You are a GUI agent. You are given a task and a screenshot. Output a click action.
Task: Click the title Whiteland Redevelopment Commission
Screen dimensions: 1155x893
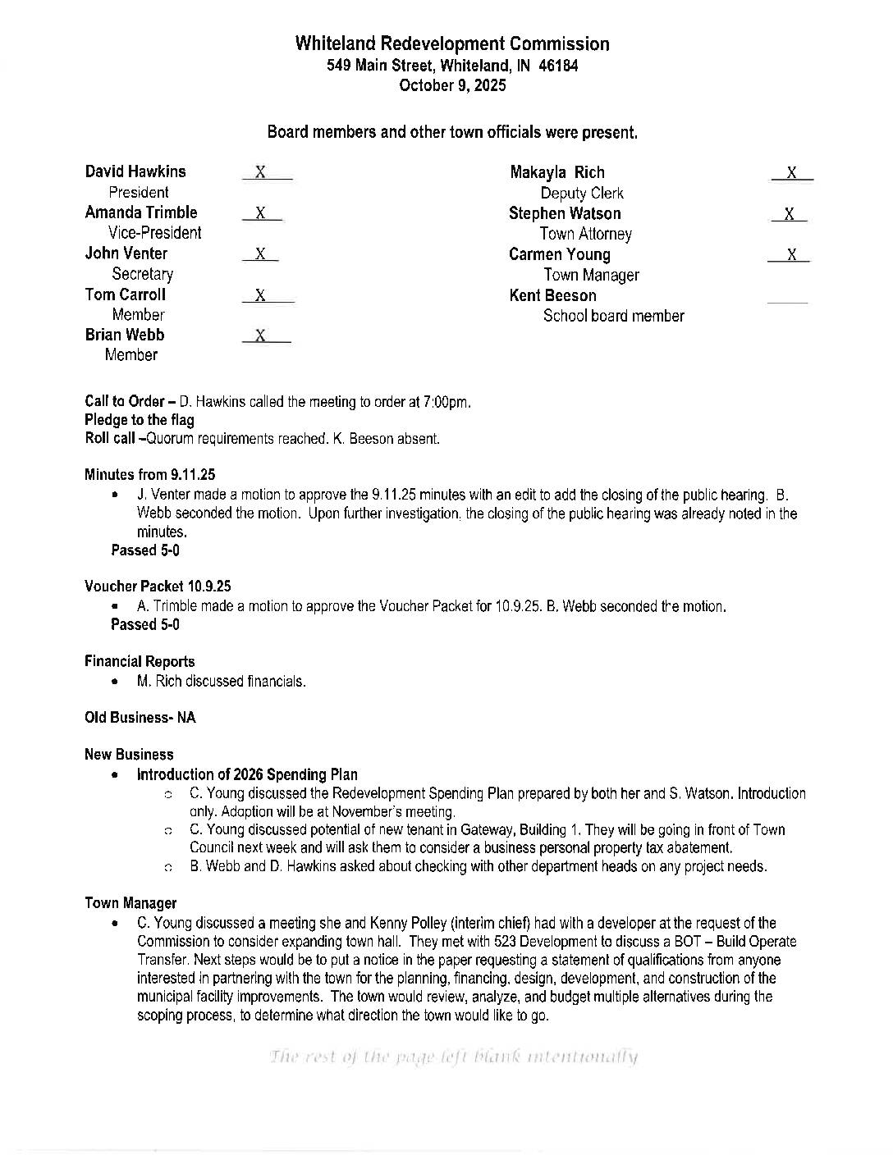click(x=452, y=44)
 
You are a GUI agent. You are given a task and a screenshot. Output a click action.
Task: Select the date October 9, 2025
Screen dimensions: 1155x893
click(x=452, y=85)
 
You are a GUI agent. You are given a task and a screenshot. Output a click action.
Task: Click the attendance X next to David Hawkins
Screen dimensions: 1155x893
click(x=260, y=172)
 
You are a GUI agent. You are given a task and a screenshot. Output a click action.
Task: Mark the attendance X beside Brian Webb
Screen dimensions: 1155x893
click(x=260, y=336)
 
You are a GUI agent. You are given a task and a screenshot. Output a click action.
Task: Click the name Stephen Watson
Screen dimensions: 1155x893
click(x=565, y=213)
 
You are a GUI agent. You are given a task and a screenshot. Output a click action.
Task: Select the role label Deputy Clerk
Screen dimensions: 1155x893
click(x=582, y=194)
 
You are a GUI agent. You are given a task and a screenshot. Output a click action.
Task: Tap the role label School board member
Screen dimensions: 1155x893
click(x=613, y=316)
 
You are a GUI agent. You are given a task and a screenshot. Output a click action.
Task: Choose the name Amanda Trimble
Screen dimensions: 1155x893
click(x=141, y=212)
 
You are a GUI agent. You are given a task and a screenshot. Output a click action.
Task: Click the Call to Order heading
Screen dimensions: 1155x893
click(x=125, y=402)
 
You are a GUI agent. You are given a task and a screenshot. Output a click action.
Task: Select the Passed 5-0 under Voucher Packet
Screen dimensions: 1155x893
click(x=145, y=624)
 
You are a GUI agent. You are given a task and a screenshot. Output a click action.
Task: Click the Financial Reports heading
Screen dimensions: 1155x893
click(x=140, y=661)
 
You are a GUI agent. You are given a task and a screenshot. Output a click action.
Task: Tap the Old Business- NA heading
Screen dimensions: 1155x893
click(x=140, y=718)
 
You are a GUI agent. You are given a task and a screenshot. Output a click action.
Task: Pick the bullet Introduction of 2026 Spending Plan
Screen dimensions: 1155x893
click(x=247, y=774)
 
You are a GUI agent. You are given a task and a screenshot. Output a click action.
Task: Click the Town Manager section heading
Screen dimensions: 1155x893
click(x=131, y=903)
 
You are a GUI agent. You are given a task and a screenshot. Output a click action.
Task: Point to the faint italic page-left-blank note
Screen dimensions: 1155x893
click(x=452, y=1057)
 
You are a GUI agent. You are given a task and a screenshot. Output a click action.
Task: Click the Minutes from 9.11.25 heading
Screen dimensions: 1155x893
click(x=150, y=474)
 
